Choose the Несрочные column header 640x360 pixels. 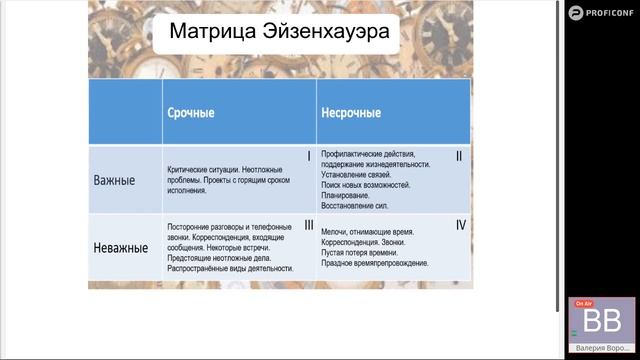pos(351,112)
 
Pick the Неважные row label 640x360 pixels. pos(121,246)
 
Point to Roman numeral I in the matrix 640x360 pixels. pos(309,156)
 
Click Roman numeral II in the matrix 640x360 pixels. pos(459,156)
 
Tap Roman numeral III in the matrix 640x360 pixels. pos(308,225)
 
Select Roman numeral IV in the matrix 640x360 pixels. pos(460,225)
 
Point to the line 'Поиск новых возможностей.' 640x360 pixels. pos(369,187)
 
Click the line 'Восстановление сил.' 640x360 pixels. pos(356,208)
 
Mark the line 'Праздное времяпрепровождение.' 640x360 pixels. pos(375,264)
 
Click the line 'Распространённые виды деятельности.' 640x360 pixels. pos(230,269)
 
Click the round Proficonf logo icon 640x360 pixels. pos(575,12)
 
